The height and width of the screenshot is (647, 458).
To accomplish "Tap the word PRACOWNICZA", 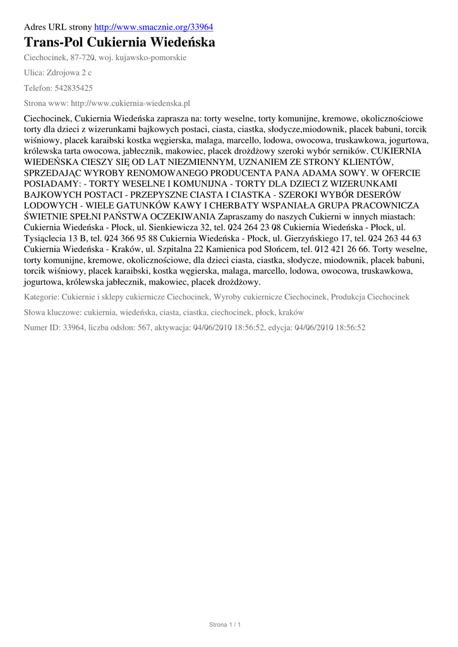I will tap(386, 206).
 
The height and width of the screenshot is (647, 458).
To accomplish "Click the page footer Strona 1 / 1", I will tap(225, 625).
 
